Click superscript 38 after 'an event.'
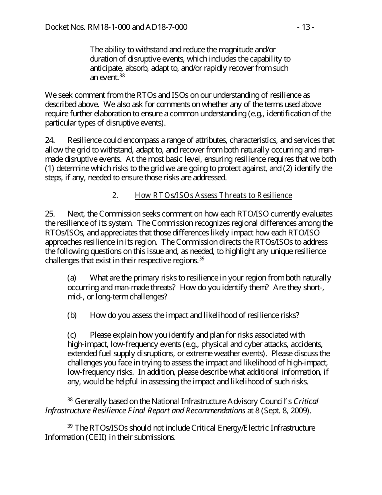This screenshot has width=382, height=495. (122, 75)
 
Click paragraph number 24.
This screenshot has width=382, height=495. (49, 140)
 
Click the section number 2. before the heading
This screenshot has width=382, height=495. (115, 196)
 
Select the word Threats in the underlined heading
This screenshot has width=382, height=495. (232, 196)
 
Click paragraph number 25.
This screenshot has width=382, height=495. (49, 214)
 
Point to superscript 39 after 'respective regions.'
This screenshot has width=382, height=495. (202, 258)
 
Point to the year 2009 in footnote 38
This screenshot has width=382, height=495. (300, 410)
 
